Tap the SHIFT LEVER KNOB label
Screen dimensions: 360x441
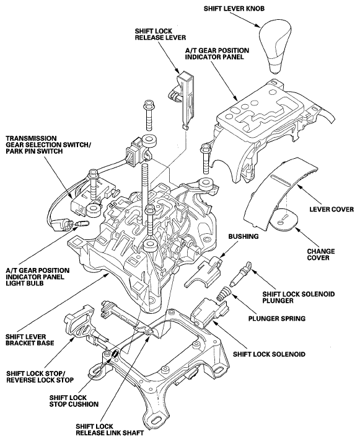(x=234, y=9)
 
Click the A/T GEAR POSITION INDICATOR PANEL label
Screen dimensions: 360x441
(x=217, y=54)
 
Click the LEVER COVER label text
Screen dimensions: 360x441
(x=331, y=209)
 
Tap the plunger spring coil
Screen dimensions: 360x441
(x=224, y=293)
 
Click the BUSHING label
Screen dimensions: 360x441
(x=244, y=236)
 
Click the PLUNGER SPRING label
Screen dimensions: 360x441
(x=277, y=319)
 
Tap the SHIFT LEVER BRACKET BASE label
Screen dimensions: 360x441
(x=30, y=340)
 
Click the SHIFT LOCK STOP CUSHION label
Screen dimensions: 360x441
(x=74, y=401)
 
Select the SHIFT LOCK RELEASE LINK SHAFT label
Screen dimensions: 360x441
(x=110, y=429)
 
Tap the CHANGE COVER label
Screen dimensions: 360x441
(x=321, y=254)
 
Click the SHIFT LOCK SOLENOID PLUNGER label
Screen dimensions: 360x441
(x=299, y=297)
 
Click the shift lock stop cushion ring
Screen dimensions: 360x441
(x=115, y=354)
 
